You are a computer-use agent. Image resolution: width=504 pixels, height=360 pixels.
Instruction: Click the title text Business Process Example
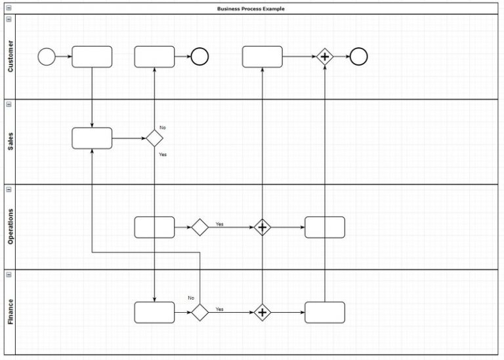point(251,9)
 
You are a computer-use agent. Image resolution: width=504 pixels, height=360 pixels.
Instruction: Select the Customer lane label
point(10,56)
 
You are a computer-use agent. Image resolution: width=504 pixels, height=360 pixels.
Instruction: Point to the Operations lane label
point(10,227)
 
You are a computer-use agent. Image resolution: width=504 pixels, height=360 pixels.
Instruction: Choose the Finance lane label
point(10,312)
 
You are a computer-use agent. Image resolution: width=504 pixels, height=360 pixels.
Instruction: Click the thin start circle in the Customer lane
point(47,57)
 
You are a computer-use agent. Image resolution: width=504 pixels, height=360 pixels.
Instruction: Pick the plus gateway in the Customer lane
point(324,57)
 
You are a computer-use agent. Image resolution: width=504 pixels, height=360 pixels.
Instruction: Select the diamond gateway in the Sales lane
point(154,138)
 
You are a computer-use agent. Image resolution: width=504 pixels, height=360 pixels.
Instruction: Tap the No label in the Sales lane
point(163,127)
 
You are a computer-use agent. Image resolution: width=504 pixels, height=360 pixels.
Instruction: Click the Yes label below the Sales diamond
point(163,155)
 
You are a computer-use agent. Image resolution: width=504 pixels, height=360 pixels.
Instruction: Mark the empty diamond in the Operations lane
point(199,228)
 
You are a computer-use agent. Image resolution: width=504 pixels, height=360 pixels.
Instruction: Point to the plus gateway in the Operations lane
point(262,228)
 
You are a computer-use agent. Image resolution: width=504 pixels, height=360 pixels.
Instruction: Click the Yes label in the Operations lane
point(220,224)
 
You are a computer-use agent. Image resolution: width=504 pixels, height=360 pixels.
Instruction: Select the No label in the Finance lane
point(191,298)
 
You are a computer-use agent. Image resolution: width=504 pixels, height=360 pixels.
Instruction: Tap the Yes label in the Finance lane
point(220,309)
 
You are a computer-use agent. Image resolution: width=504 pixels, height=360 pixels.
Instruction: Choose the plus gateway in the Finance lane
point(262,313)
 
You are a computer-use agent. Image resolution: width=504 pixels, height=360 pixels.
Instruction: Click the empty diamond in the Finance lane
point(199,313)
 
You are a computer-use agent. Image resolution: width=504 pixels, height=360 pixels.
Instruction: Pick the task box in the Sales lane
point(92,138)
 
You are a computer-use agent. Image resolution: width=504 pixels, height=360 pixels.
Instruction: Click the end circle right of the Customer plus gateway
point(358,57)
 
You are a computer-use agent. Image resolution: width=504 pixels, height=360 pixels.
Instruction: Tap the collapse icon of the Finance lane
point(9,274)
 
